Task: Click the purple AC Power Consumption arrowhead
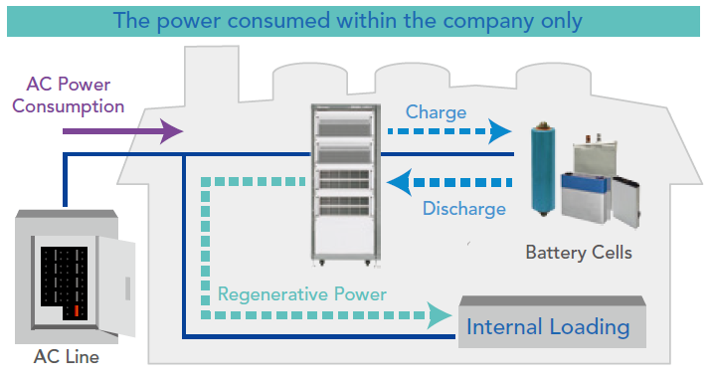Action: [x=172, y=131]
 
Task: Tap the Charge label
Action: [x=436, y=112]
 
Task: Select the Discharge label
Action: [x=464, y=209]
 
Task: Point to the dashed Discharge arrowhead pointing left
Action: [x=399, y=183]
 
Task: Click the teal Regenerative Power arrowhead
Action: [x=440, y=315]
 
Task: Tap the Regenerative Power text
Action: [x=302, y=294]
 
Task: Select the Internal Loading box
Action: [x=552, y=321]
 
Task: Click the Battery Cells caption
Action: [x=579, y=253]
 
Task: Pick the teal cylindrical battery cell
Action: [x=543, y=169]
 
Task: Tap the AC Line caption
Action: [x=67, y=357]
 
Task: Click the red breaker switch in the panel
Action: [x=77, y=311]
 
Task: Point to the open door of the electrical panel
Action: [x=116, y=286]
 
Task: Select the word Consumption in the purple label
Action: [x=68, y=106]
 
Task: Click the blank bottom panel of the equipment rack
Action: [x=345, y=237]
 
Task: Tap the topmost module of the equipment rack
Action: [x=345, y=123]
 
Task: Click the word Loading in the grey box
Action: [x=590, y=327]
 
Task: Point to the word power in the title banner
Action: [x=191, y=22]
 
